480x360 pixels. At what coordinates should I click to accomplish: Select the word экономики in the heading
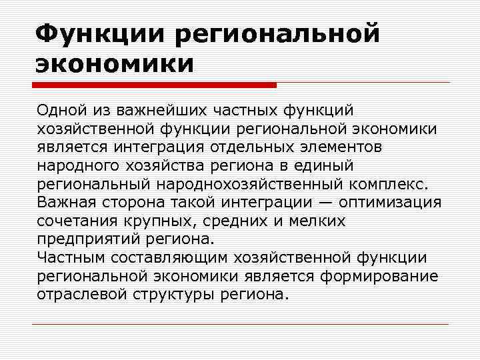click(114, 65)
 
